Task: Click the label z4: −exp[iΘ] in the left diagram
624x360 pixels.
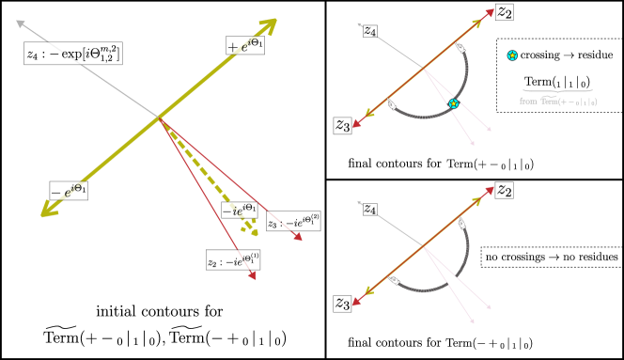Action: tap(72, 55)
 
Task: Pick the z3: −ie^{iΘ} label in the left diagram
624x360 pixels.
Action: tap(292, 222)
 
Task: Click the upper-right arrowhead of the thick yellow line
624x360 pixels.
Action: tap(269, 23)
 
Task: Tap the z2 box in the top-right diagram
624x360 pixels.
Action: tap(505, 11)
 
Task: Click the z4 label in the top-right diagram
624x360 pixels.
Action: tap(369, 32)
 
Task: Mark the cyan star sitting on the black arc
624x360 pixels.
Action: tap(453, 103)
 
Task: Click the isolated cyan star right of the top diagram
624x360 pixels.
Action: tap(511, 55)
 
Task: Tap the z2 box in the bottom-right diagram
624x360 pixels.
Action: tap(505, 191)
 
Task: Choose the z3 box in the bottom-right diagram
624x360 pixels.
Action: tap(342, 303)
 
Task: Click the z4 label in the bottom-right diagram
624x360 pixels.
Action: tap(369, 211)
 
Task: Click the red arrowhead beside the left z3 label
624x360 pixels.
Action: tap(298, 238)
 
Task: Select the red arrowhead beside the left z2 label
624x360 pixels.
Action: tap(252, 276)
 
